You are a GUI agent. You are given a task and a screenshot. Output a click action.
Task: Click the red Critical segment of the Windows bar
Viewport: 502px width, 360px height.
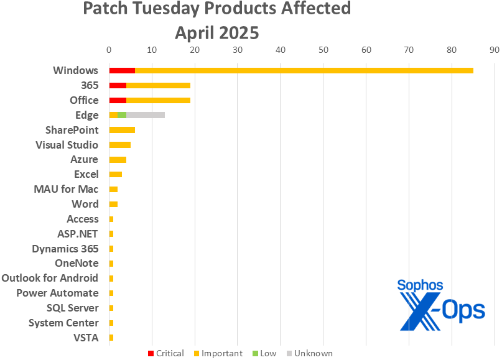(x=122, y=70)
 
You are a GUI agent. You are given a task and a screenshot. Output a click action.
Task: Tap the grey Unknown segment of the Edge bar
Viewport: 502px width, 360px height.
(x=146, y=115)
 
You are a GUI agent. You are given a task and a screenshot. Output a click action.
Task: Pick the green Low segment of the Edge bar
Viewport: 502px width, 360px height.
(x=122, y=115)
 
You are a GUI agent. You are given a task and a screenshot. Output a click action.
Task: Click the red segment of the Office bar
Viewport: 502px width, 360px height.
(x=118, y=100)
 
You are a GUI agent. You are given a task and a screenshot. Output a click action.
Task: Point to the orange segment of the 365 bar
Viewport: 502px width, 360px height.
(x=158, y=85)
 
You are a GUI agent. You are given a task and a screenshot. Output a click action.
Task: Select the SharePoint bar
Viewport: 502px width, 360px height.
(x=122, y=130)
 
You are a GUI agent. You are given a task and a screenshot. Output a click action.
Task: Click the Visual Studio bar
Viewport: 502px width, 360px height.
(x=119, y=145)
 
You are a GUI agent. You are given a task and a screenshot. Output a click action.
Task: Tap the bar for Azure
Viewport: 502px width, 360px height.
(x=118, y=160)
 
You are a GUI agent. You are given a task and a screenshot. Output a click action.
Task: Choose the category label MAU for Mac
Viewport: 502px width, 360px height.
(x=66, y=189)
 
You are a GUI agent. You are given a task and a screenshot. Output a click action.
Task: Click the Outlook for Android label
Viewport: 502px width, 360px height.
(x=50, y=278)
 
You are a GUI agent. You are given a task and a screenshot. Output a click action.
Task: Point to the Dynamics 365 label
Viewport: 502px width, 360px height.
(x=65, y=249)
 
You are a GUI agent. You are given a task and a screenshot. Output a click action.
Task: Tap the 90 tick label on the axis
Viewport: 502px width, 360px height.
(x=495, y=50)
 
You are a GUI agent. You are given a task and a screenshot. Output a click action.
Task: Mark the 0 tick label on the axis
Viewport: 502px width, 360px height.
(x=109, y=50)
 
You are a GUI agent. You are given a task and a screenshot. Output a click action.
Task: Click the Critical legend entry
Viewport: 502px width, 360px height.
(x=165, y=353)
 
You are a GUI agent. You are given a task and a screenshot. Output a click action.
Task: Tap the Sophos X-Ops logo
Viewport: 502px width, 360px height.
(x=441, y=305)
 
